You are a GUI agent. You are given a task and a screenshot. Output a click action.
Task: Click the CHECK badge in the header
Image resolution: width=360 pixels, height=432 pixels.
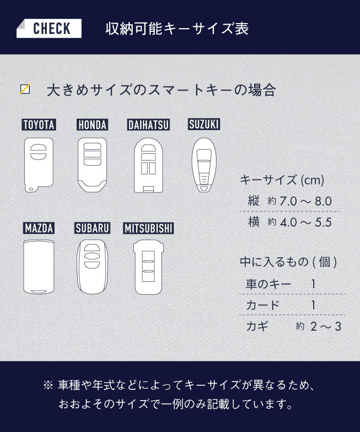(49, 28)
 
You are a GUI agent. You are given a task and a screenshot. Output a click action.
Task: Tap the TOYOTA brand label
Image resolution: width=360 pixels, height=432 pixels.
(39, 125)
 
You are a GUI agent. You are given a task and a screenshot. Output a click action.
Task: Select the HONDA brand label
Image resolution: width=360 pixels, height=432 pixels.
(92, 125)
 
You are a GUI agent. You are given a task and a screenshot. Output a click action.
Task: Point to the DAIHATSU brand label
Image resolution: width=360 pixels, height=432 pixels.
(149, 125)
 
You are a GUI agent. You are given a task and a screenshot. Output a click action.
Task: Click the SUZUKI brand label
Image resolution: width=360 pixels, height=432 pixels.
(204, 124)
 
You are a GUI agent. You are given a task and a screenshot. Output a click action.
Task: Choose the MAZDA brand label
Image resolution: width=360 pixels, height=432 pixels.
(39, 228)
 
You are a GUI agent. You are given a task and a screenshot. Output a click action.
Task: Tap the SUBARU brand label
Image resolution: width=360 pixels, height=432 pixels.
(93, 228)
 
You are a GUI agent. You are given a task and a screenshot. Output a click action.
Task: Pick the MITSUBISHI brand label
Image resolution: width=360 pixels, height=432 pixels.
(149, 228)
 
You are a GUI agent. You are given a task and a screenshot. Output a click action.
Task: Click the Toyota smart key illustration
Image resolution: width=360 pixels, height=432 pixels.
(39, 165)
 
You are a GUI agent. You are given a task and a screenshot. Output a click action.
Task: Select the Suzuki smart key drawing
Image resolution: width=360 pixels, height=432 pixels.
(204, 165)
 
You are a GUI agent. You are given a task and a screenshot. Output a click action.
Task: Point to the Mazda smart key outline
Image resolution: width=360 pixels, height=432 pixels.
(39, 267)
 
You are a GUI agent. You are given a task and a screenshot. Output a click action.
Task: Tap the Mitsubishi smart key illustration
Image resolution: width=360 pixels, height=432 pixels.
(149, 267)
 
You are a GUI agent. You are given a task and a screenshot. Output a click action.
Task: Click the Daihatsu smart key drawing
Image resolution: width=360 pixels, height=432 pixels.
(149, 165)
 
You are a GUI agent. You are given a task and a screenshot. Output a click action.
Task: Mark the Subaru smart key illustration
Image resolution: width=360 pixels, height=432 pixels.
(93, 267)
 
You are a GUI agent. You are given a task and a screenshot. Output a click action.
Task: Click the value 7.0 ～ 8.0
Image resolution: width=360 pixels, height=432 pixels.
(305, 202)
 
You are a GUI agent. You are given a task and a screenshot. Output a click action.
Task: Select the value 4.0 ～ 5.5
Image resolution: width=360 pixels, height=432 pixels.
(305, 222)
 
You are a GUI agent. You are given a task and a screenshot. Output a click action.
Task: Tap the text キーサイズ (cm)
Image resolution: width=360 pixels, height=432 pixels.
(282, 180)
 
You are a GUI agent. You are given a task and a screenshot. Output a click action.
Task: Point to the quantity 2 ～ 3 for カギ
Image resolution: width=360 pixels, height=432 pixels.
(326, 327)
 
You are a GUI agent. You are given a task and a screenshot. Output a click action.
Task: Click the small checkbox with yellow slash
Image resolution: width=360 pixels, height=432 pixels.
(25, 89)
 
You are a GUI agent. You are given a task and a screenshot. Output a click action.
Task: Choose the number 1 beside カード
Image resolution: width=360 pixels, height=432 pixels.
(313, 305)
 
